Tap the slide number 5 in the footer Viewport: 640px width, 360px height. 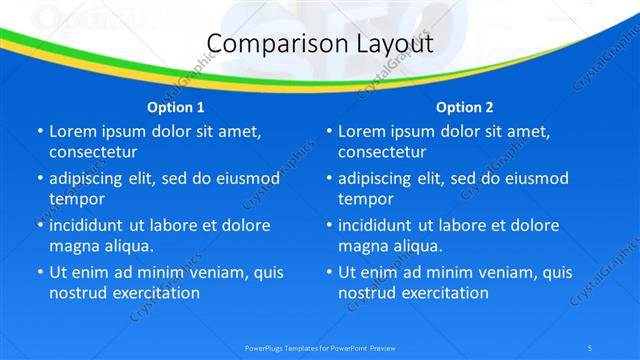(592, 347)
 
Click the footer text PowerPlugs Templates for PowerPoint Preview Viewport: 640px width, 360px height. (320, 347)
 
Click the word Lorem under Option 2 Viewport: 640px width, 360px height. (362, 131)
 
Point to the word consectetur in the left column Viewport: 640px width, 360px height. (93, 152)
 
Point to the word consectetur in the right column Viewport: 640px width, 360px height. (382, 152)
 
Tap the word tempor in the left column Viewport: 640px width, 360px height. (76, 199)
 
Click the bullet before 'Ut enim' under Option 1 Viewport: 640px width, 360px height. (39, 272)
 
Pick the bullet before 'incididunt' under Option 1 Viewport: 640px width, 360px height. (39, 225)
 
